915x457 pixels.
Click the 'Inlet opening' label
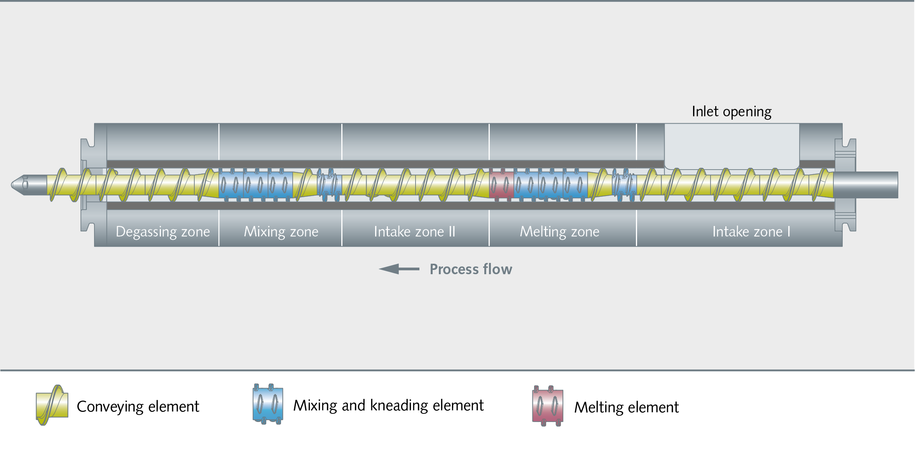(x=732, y=112)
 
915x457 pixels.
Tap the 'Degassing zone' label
(x=163, y=232)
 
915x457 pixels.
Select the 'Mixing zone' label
(x=281, y=232)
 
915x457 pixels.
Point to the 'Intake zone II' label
(x=414, y=232)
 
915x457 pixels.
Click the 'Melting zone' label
(x=560, y=232)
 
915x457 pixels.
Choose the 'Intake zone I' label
(x=751, y=232)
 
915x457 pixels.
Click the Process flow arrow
(x=399, y=269)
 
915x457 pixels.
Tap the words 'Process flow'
(x=471, y=269)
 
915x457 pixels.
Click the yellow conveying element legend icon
(x=52, y=405)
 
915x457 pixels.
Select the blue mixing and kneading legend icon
(x=268, y=404)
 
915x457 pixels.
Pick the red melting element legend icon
(x=548, y=406)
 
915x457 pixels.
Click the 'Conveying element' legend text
(x=138, y=407)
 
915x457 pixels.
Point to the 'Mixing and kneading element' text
(x=388, y=406)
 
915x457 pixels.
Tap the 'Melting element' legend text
(x=627, y=408)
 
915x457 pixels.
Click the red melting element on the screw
(x=501, y=184)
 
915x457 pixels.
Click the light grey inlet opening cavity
(x=732, y=146)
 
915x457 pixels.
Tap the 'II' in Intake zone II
(x=452, y=232)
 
